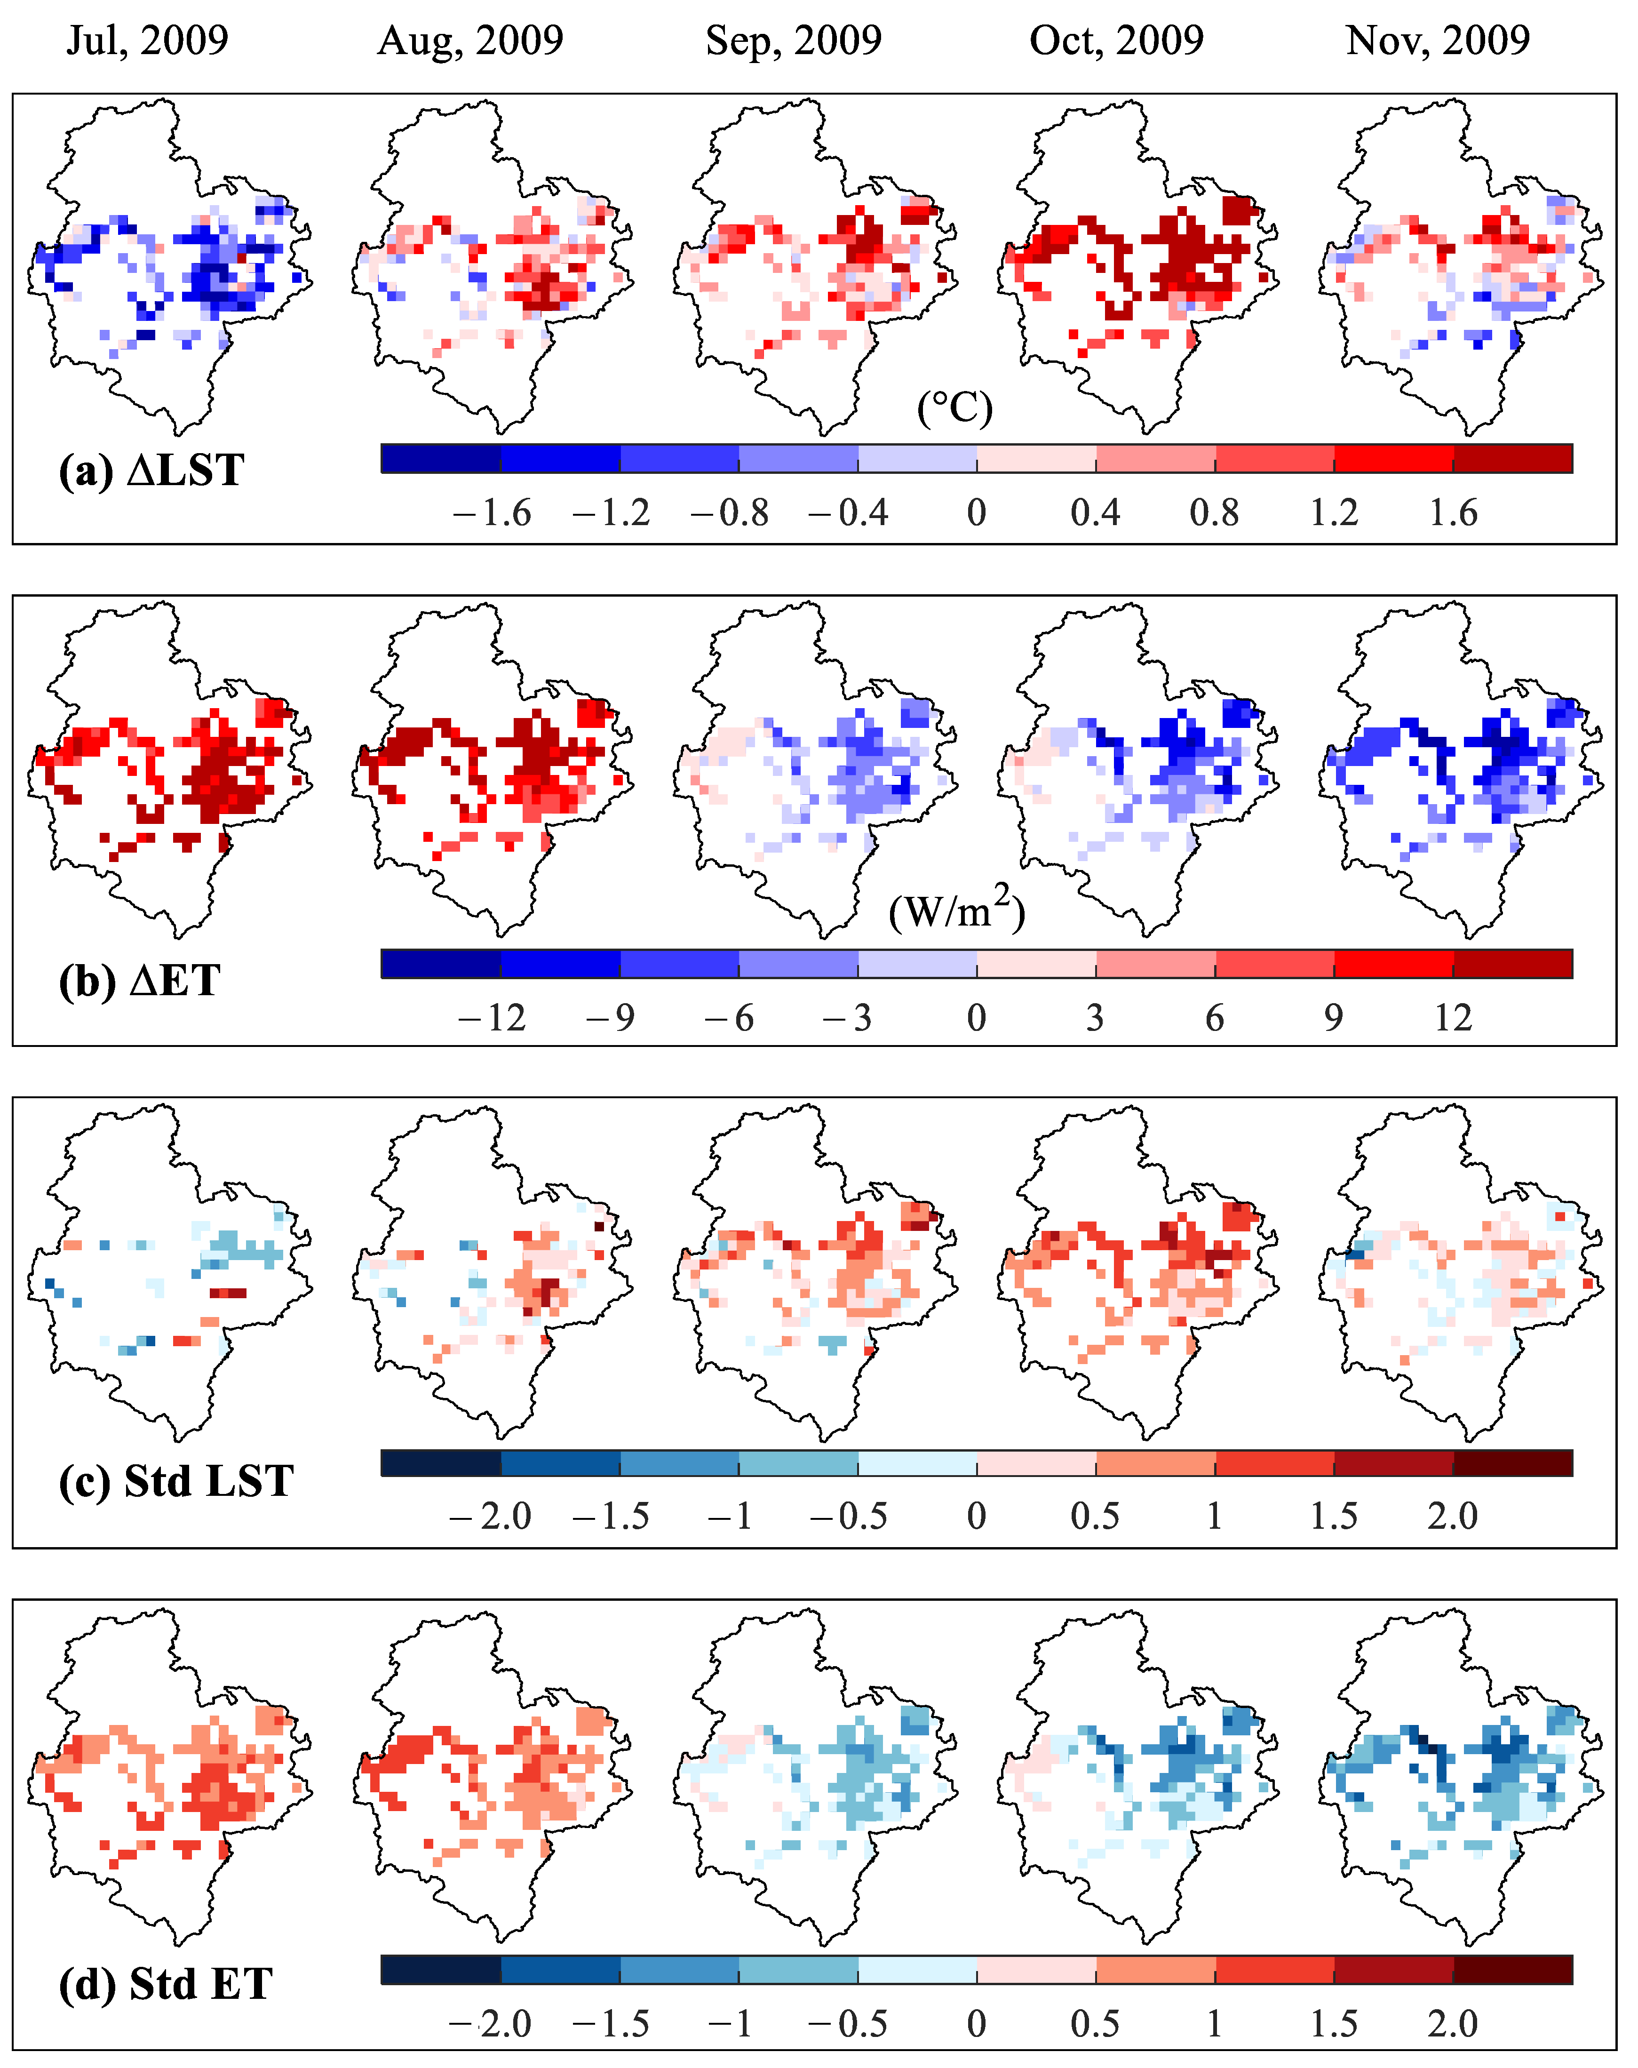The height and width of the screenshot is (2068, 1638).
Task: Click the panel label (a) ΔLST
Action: [x=151, y=471]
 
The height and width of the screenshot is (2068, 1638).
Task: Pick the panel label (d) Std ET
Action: [x=166, y=1984]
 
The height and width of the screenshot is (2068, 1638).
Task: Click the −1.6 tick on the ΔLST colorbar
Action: [x=492, y=513]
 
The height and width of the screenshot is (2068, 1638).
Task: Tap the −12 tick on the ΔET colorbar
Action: [x=492, y=1018]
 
